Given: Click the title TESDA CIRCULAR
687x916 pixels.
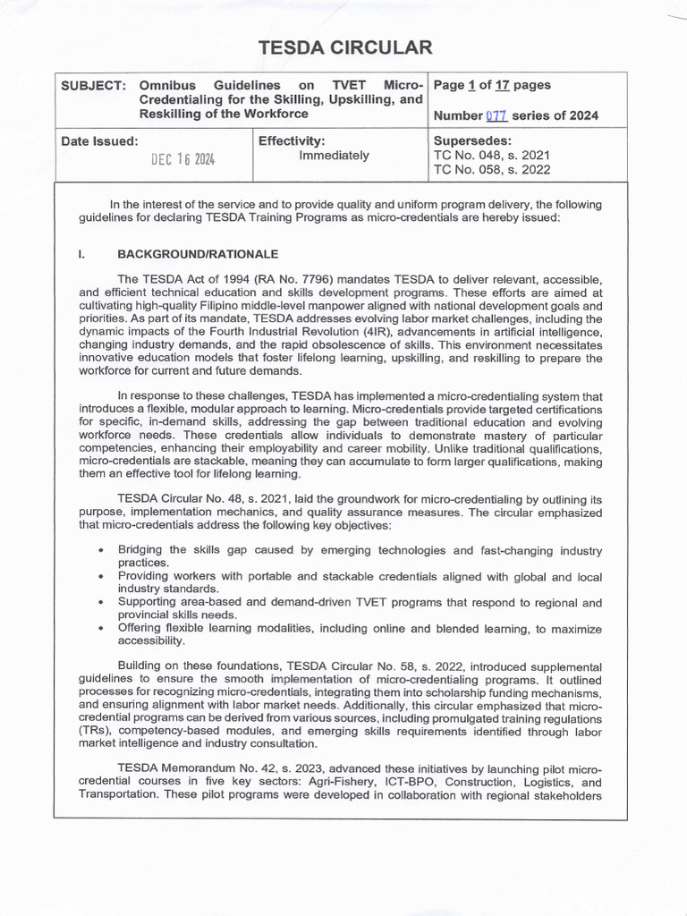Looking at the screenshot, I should [x=344, y=48].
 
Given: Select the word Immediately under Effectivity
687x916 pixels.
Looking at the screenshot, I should [x=334, y=156].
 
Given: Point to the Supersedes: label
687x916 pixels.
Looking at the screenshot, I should [x=471, y=141].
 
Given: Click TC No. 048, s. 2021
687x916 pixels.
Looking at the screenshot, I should [x=491, y=156].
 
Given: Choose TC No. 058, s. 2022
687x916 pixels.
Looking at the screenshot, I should [x=491, y=169].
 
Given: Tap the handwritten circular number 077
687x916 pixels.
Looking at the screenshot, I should [x=496, y=115].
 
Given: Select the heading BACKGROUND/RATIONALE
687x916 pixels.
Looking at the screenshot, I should [x=198, y=254].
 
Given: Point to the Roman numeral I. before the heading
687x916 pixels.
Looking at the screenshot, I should [x=81, y=254].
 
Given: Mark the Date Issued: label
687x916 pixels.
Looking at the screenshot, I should [x=99, y=141].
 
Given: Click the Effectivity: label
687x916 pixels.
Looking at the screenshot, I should [x=291, y=141].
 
